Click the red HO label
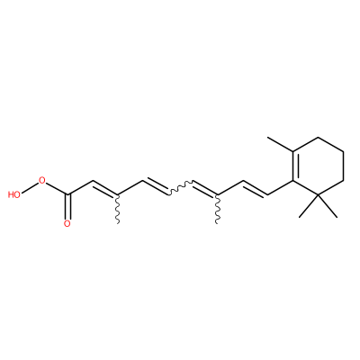point(14,194)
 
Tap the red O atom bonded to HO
point(42,180)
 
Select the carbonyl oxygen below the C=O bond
point(67,223)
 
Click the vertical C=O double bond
point(68,207)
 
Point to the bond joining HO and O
point(30,187)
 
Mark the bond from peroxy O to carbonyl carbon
point(57,188)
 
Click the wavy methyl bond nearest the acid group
point(117,209)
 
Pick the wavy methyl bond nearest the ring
point(217,209)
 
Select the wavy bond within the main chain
point(179,188)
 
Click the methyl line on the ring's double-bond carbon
point(280,144)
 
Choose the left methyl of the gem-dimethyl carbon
point(309,206)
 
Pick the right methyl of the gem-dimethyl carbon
point(328,206)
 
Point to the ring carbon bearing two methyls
point(318,195)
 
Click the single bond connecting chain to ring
point(280,188)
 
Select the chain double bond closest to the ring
point(255,188)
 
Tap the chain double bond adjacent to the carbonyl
point(105,188)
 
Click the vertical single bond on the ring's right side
point(343,166)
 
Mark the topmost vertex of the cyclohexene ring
point(318,138)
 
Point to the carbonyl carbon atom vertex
point(68,195)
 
